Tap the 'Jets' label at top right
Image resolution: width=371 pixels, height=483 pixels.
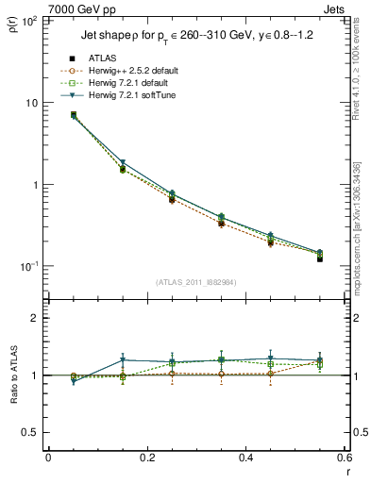tap(336, 8)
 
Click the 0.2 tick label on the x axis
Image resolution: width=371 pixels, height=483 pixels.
tap(146, 458)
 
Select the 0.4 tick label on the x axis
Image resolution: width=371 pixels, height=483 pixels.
tap(245, 458)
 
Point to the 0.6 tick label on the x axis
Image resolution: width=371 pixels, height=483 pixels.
tap(344, 458)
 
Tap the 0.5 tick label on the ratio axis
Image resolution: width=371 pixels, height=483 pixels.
tap(32, 432)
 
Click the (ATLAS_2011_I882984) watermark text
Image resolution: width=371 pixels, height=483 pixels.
tap(197, 281)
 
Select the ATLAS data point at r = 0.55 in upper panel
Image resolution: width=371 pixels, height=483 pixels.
tap(320, 258)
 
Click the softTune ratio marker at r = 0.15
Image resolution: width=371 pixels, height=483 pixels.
tap(123, 359)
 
